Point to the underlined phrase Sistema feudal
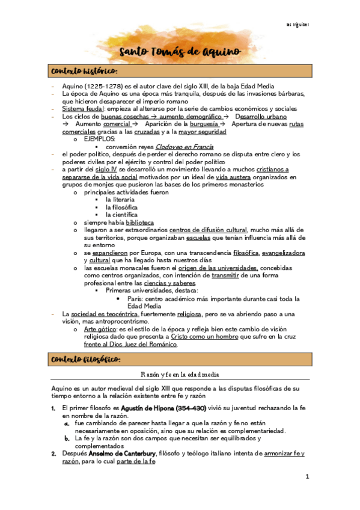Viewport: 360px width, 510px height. point(82,109)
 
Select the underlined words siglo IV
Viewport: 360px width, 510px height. point(112,170)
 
